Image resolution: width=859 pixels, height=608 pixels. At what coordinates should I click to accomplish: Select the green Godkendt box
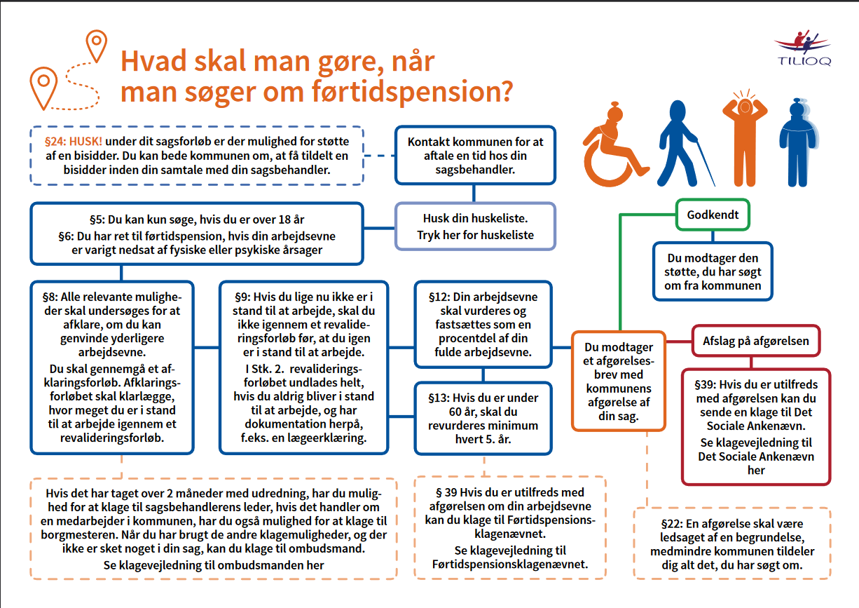tap(713, 215)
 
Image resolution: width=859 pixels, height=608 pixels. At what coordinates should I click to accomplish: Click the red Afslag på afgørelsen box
tap(755, 342)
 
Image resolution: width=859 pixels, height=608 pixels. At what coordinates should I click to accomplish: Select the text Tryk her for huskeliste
tap(475, 235)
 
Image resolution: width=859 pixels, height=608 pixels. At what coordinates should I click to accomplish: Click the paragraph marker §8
tap(50, 297)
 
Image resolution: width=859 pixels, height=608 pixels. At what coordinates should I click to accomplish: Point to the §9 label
tap(240, 297)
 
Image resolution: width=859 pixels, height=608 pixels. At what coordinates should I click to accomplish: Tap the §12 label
tap(438, 297)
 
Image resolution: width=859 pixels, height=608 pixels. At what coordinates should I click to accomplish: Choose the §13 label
tap(438, 398)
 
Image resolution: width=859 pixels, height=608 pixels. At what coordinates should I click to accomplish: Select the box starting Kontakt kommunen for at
tap(475, 156)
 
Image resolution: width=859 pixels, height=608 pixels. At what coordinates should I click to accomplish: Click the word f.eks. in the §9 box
tap(259, 438)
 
